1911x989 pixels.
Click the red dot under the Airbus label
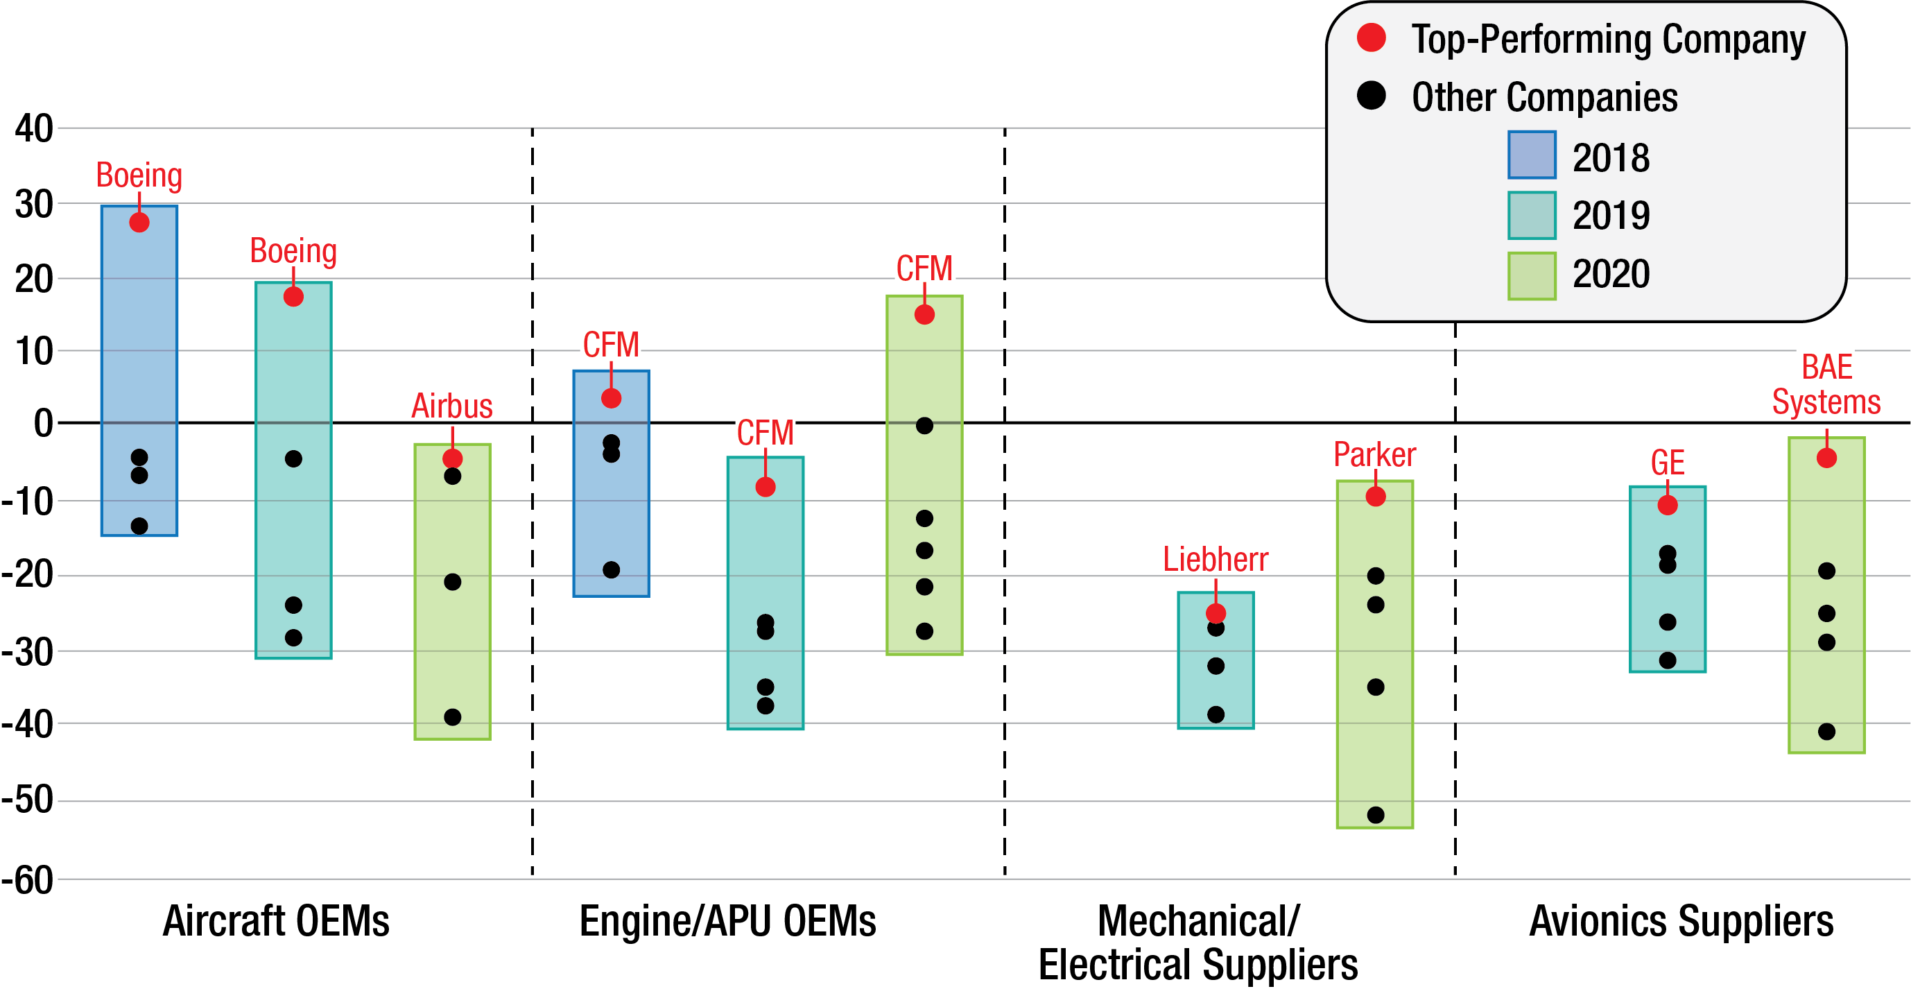tap(453, 458)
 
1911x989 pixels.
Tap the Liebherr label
tap(1215, 560)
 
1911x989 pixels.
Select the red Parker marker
tap(1376, 497)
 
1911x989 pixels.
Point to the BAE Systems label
tap(1826, 385)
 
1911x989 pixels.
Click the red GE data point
tap(1668, 506)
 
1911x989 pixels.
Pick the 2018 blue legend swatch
tap(1531, 155)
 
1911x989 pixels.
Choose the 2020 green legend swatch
tap(1531, 276)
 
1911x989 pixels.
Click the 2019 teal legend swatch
tap(1531, 216)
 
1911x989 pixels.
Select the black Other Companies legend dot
tap(1371, 96)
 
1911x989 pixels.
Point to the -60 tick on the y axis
tap(28, 881)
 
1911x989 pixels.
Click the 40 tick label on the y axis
tap(34, 128)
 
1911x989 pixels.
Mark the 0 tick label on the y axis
tap(43, 423)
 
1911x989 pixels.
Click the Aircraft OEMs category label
tap(276, 922)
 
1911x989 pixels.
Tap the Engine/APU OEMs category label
tap(727, 922)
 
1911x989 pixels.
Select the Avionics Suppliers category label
tap(1681, 922)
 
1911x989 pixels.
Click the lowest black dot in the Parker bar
tap(1376, 815)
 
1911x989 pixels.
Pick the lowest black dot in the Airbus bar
tap(453, 717)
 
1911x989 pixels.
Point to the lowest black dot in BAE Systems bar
tap(1826, 732)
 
